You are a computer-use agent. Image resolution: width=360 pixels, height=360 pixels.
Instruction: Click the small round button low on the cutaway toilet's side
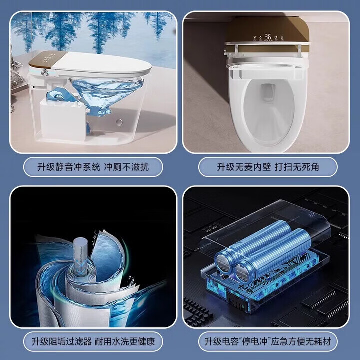pyautogui.click(x=119, y=122)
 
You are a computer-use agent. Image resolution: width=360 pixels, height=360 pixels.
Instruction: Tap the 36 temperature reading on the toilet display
pyautogui.click(x=268, y=37)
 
